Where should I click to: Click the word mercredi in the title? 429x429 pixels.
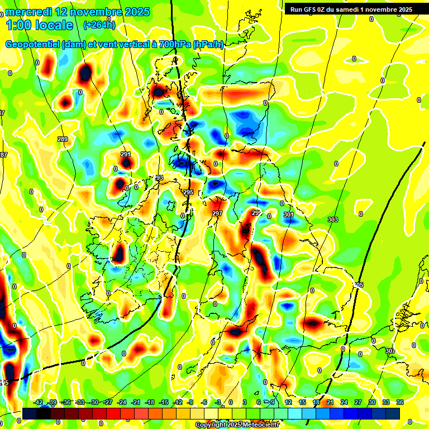point(31,12)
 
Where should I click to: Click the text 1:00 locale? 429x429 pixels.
point(40,25)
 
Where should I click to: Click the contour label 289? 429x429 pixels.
point(63,139)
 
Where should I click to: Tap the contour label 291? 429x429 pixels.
point(126,154)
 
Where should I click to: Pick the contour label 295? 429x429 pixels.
point(188,192)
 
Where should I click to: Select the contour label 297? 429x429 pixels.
point(217,213)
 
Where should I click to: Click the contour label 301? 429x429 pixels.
point(288,214)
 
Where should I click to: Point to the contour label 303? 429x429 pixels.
point(333,220)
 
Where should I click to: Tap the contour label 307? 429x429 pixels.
point(390,351)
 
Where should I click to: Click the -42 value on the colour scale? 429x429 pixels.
point(39,402)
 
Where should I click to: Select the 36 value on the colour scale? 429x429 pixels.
point(400,402)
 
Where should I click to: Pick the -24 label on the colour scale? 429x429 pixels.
point(122,402)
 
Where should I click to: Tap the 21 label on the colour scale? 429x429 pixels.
point(330,402)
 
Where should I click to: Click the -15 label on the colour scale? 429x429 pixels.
point(164,402)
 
